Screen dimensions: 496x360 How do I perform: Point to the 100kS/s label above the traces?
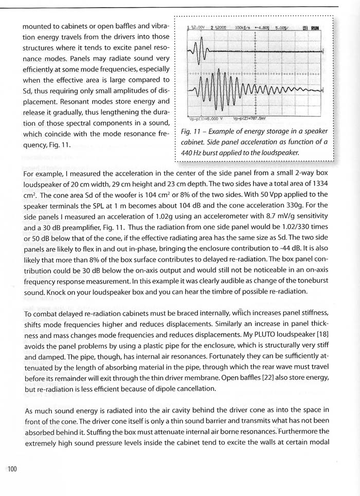[243, 27]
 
